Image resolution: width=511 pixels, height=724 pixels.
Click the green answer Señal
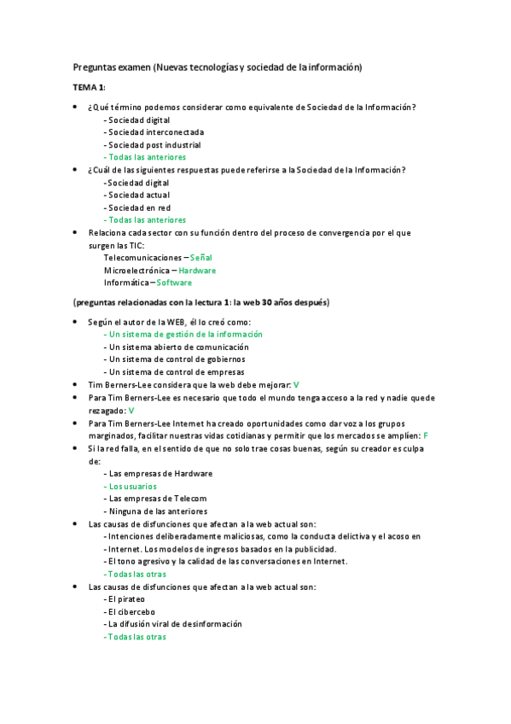pyautogui.click(x=201, y=257)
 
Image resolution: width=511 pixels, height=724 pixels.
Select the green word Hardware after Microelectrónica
pyautogui.click(x=197, y=270)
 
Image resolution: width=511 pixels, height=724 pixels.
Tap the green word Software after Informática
pyautogui.click(x=174, y=283)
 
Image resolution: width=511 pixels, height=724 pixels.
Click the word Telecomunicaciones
pyautogui.click(x=142, y=257)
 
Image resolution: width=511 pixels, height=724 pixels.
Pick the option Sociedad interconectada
pyautogui.click(x=155, y=132)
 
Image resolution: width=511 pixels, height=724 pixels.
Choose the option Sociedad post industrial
pyautogui.click(x=154, y=145)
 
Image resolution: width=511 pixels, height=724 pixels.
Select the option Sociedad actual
pyautogui.click(x=138, y=195)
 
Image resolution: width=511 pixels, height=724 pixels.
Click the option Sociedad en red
pyautogui.click(x=139, y=207)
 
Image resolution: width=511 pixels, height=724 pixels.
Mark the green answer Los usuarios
pyautogui.click(x=132, y=486)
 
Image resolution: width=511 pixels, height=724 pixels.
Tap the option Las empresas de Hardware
pyautogui.click(x=160, y=473)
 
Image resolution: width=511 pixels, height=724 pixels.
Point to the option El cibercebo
pyautogui.click(x=130, y=611)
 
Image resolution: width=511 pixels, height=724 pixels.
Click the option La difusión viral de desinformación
pyautogui.click(x=174, y=624)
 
